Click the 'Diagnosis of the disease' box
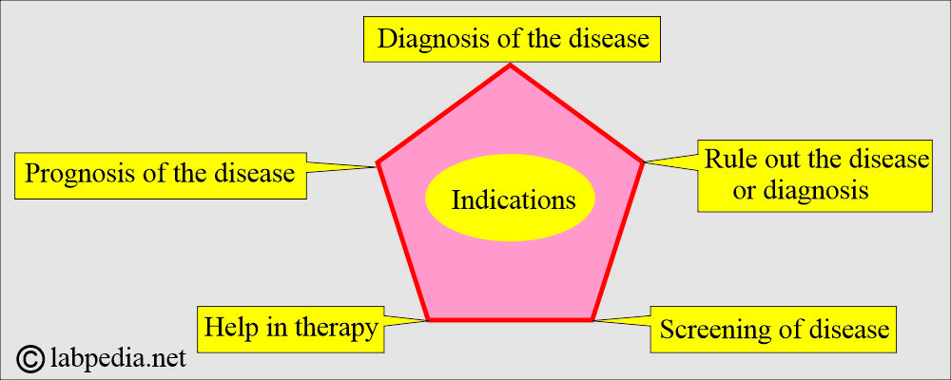tap(512, 39)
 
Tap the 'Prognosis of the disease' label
tap(160, 176)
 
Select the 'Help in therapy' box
tap(290, 329)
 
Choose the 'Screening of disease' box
tap(773, 330)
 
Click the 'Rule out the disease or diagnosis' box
tap(815, 176)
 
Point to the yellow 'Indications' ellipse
tap(510, 198)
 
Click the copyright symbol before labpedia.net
tap(29, 359)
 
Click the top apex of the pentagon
tap(510, 65)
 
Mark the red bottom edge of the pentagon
tap(510, 319)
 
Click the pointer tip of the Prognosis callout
tap(377, 166)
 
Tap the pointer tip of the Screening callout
tap(593, 320)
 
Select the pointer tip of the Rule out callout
tap(644, 161)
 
